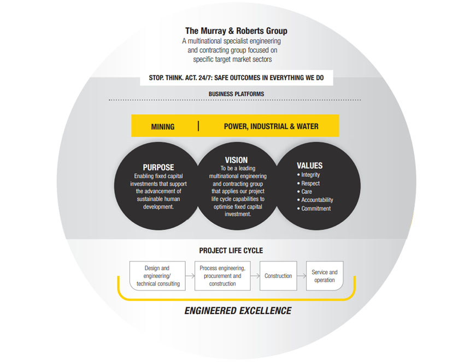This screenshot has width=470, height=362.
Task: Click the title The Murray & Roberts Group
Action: click(x=236, y=31)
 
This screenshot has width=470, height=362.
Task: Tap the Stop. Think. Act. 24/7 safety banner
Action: click(x=236, y=78)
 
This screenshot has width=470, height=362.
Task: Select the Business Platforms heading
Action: click(x=236, y=94)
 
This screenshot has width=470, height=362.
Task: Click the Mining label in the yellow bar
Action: click(x=163, y=127)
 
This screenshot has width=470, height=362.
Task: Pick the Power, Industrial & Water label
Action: click(x=271, y=127)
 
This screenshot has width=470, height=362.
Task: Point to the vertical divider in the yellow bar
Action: click(x=198, y=126)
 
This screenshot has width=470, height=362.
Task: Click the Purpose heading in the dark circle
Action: click(x=158, y=167)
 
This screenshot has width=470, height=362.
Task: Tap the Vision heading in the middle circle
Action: click(x=236, y=160)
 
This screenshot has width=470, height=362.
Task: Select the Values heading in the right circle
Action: click(x=309, y=165)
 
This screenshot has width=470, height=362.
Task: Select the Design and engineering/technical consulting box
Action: click(x=157, y=276)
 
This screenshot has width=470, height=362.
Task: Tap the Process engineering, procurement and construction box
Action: click(x=222, y=276)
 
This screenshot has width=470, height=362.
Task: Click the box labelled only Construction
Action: click(x=278, y=276)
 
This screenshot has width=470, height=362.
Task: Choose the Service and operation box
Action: click(x=325, y=276)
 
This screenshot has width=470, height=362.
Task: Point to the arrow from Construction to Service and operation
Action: click(x=301, y=276)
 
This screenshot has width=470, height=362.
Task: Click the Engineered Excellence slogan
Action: click(x=238, y=311)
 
